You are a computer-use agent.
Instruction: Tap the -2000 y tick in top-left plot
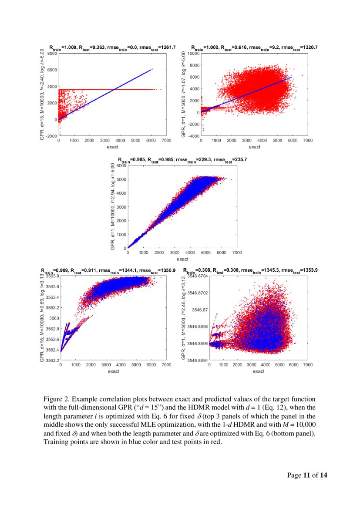[x=51, y=136]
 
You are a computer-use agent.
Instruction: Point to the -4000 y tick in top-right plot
[x=194, y=136]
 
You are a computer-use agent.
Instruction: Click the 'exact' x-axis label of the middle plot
[x=182, y=259]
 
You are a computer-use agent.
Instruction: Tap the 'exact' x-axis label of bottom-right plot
[x=259, y=371]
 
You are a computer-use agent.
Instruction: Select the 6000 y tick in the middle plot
[x=121, y=165]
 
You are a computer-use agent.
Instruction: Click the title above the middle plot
[x=182, y=160]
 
